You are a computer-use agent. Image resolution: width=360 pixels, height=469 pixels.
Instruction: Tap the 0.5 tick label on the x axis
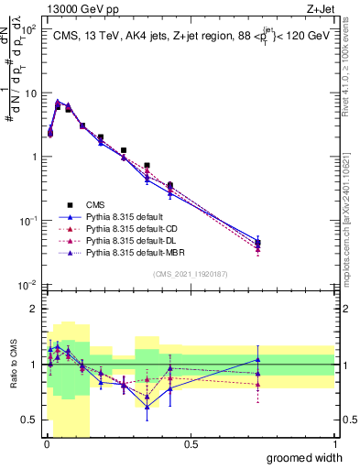[x=191, y=444]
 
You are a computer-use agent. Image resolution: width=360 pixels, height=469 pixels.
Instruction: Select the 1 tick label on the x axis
[x=334, y=444]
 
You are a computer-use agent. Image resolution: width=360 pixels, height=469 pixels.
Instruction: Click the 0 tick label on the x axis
[x=46, y=444]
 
